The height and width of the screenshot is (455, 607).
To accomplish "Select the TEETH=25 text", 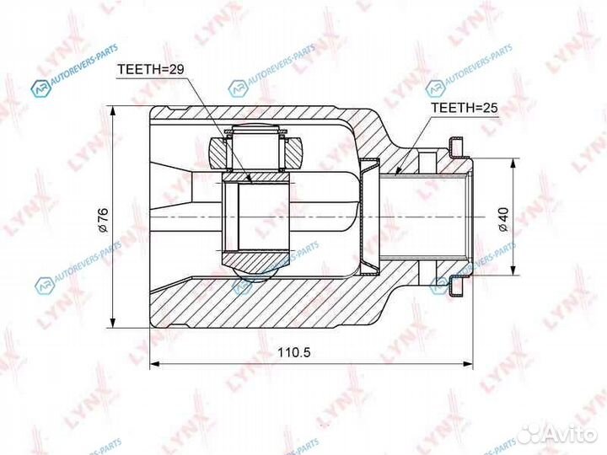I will point(465,108).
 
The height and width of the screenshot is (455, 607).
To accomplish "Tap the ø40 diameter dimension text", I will point(501,218).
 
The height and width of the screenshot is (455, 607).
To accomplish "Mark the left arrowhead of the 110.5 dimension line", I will point(153,364).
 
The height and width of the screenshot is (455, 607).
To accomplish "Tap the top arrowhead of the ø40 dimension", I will point(512,161).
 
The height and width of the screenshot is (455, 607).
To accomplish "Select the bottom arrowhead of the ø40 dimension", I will point(512,274).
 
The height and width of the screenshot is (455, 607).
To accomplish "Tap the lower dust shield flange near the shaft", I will point(456,285).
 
